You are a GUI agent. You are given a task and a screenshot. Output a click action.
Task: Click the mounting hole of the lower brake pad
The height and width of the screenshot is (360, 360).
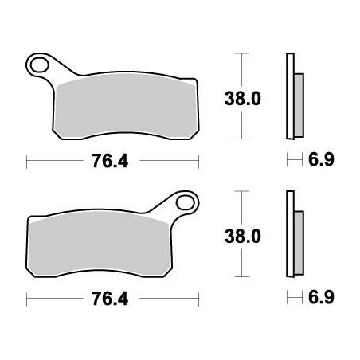[186, 202]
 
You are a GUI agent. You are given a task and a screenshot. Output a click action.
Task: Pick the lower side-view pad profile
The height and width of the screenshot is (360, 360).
[291, 236]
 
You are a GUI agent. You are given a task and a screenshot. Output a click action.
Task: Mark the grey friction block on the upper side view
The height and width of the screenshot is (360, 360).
[298, 100]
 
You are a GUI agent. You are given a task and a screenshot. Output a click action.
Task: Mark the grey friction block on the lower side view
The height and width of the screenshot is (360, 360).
[298, 238]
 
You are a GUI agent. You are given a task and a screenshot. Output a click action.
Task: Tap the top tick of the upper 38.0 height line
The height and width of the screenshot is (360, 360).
[237, 53]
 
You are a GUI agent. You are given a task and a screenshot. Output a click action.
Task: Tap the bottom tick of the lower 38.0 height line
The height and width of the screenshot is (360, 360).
[237, 280]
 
